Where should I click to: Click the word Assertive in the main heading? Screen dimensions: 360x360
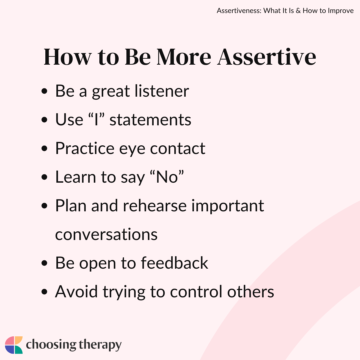[x=267, y=57]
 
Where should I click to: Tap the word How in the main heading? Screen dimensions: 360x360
[x=68, y=57]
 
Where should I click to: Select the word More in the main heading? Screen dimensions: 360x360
[x=184, y=57]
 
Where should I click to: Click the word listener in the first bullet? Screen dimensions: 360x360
[x=162, y=91]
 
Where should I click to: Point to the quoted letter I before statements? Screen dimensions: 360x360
[x=96, y=120]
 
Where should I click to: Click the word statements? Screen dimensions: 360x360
[x=150, y=120]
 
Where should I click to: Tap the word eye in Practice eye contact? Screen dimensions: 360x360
[x=132, y=149]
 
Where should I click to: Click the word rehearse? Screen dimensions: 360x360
[x=155, y=205]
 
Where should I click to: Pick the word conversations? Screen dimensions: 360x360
[x=106, y=234]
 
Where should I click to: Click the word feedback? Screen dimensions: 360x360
[x=174, y=263]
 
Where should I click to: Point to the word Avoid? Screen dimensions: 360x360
[x=76, y=292]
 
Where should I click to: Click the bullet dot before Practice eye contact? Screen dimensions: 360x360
[x=44, y=148]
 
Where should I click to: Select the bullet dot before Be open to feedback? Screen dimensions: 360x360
[x=44, y=263]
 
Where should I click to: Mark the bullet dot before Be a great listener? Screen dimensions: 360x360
[x=44, y=91]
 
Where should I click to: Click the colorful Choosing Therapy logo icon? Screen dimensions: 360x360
[x=14, y=345]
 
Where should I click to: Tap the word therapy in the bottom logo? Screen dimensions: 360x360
[x=100, y=345]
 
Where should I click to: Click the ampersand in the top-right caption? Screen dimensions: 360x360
[x=298, y=11]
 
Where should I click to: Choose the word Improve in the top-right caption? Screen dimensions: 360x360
[x=341, y=11]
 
